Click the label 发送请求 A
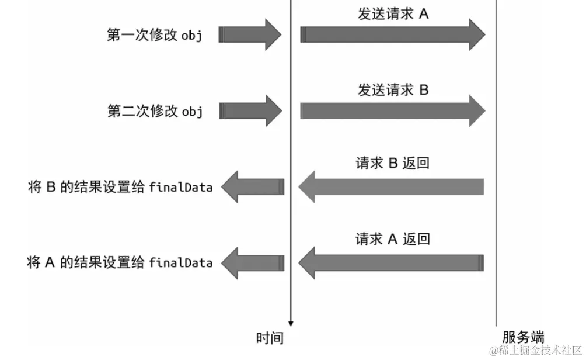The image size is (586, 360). (x=393, y=14)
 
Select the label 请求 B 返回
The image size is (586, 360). (x=393, y=163)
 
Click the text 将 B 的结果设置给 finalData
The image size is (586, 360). (x=120, y=188)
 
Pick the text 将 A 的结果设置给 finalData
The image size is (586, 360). (x=120, y=262)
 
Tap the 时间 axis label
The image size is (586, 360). (x=270, y=338)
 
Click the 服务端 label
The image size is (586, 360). (x=523, y=337)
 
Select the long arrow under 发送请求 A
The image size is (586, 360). (x=392, y=35)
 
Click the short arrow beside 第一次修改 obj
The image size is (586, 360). (x=250, y=35)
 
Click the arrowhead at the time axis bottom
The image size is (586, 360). (x=291, y=323)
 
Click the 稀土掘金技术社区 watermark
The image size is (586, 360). (x=536, y=351)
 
